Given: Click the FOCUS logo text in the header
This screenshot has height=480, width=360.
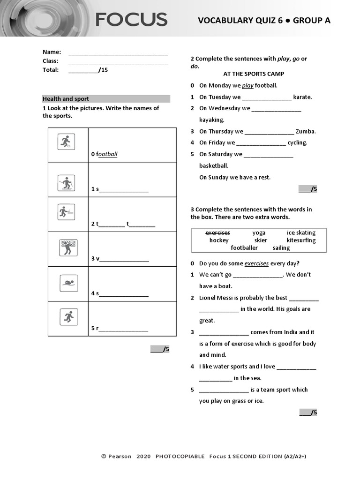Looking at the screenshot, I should click(x=131, y=20).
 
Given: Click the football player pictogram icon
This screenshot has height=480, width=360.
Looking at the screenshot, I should click(x=66, y=142).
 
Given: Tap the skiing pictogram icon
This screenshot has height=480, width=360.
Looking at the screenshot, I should click(x=66, y=183).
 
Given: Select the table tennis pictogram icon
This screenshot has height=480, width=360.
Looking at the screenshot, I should click(x=66, y=212).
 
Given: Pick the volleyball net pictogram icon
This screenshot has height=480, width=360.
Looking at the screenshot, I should click(x=68, y=247).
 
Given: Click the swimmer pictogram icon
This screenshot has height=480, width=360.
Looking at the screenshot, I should click(x=68, y=283).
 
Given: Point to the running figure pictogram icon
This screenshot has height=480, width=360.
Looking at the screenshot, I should click(x=68, y=317).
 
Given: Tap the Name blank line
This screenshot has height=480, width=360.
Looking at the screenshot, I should click(x=118, y=52).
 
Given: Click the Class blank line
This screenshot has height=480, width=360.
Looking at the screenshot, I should click(x=118, y=61).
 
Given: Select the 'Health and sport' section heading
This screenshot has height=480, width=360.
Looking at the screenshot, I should click(x=66, y=99).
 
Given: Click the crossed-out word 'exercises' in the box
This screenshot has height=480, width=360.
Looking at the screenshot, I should click(x=218, y=232).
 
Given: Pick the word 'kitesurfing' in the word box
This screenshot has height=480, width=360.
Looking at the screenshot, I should click(x=301, y=240).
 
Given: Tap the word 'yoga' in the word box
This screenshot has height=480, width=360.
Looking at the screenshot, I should click(x=259, y=232).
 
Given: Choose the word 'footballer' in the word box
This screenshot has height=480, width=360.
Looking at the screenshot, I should click(x=244, y=248).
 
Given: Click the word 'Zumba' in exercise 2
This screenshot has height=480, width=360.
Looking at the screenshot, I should click(x=306, y=132).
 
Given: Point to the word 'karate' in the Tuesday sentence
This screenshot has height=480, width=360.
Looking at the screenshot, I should click(x=302, y=97).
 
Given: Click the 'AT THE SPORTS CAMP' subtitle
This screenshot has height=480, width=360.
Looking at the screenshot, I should click(x=254, y=74).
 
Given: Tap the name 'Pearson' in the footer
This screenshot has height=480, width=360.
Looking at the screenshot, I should click(x=120, y=456).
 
